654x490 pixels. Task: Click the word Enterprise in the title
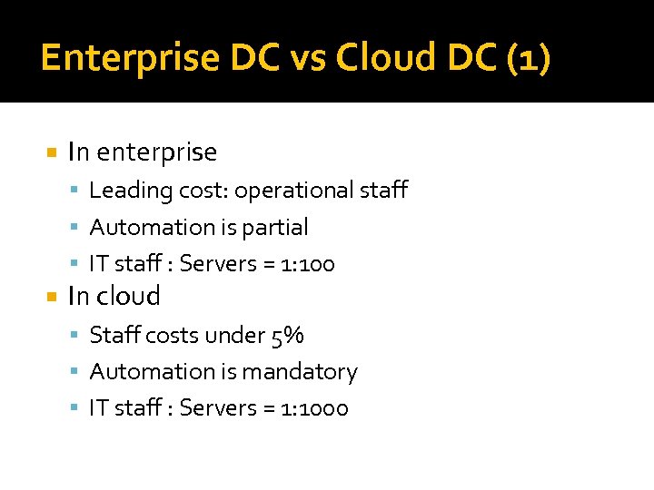coord(129,58)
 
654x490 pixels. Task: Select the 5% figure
coord(287,336)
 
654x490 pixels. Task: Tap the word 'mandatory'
coord(309,372)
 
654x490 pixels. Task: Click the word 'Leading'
coord(122,191)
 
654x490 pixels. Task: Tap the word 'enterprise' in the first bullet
coord(156,152)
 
